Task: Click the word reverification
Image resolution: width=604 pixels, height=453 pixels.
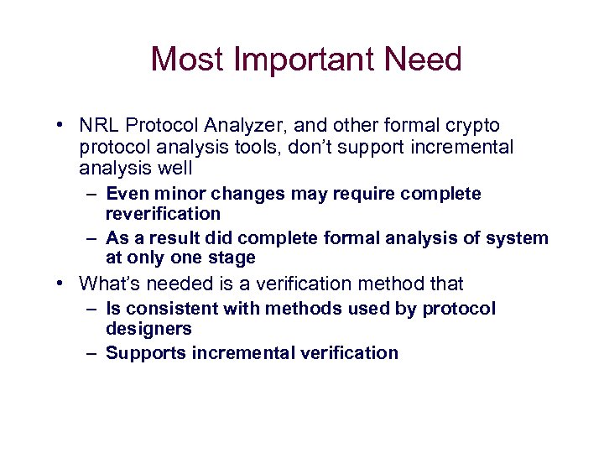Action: pos(163,214)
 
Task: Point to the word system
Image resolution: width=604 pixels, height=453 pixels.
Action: pos(519,238)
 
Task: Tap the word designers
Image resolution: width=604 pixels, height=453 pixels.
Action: pos(148,329)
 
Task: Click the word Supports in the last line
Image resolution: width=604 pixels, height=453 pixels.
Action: pos(145,353)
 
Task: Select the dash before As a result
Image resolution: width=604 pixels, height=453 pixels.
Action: pos(91,238)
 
